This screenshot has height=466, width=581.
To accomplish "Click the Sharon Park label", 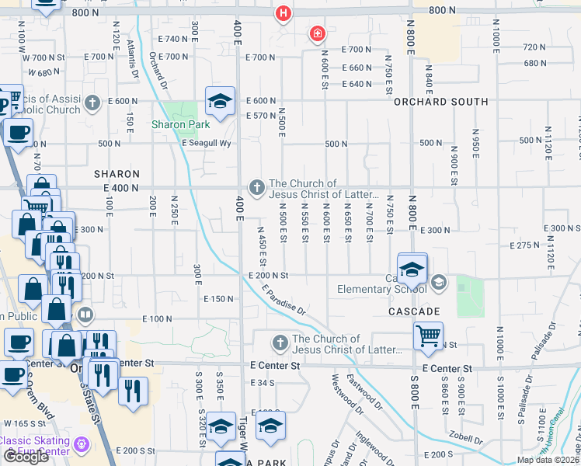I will [180, 124].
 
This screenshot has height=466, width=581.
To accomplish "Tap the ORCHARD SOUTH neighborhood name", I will [440, 102].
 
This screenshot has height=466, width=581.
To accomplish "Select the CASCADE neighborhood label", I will [415, 311].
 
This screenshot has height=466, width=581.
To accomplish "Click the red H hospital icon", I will [284, 13].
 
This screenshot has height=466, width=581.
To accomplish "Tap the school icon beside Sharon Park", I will [220, 102].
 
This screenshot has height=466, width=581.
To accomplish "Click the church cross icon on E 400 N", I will [256, 187].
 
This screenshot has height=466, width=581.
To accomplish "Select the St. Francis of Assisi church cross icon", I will [92, 103].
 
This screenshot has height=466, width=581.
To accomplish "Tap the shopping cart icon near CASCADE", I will [428, 336].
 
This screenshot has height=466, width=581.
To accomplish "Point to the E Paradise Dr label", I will [284, 298].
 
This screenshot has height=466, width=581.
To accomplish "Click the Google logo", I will [25, 457].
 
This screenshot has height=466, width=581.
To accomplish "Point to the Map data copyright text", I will [548, 460].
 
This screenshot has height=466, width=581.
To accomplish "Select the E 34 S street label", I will [263, 383].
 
